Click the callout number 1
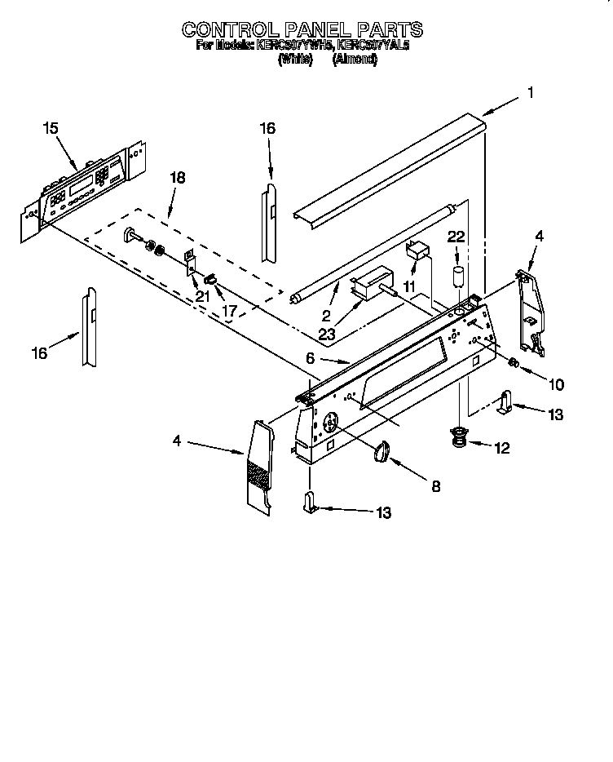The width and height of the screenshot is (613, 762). (x=531, y=93)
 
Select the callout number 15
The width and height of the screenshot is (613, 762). (x=51, y=127)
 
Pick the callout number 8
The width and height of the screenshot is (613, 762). (x=435, y=486)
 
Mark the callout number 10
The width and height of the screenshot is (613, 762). (x=556, y=383)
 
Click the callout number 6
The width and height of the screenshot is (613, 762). (x=310, y=358)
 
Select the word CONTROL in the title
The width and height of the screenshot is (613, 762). (x=230, y=30)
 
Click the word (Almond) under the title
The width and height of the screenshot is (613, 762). (x=355, y=60)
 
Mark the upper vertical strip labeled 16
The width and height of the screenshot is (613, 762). (x=270, y=220)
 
